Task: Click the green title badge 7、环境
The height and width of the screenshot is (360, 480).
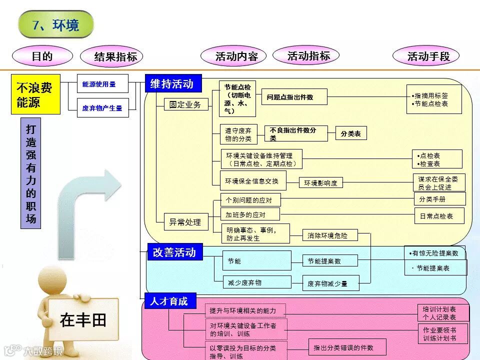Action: coord(56,25)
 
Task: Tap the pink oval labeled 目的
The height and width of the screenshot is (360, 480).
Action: coord(42,56)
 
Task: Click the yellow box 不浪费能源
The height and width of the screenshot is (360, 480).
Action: coord(35,94)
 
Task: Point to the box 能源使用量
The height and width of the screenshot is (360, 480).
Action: coord(102,84)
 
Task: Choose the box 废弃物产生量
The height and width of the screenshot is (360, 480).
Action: coord(102,107)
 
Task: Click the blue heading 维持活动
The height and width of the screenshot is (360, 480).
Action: coord(173,84)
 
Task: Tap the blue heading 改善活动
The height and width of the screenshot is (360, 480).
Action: coord(174,252)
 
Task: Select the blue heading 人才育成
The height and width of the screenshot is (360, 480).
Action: coord(169,301)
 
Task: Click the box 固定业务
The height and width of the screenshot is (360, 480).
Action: coord(186,104)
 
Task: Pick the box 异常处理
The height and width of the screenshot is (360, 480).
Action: coord(186,221)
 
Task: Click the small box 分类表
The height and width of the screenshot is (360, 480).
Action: coord(351,133)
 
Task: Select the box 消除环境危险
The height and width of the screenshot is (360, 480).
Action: coord(327,235)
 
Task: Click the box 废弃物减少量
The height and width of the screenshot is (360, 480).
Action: coord(328,283)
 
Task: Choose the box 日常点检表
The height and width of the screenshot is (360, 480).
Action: coord(439,216)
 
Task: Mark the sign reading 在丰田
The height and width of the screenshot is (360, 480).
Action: coord(83,319)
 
